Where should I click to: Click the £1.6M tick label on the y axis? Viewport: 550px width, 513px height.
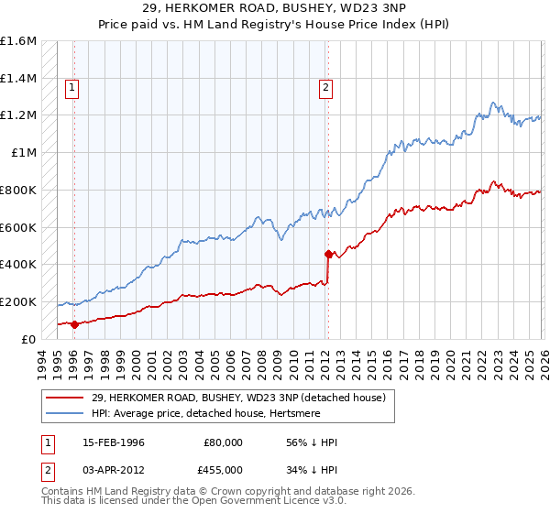tap(18, 41)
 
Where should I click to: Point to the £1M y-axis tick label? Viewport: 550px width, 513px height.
tap(23, 153)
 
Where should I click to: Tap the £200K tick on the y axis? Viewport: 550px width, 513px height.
tap(18, 301)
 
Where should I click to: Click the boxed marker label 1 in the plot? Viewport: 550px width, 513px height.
tap(71, 88)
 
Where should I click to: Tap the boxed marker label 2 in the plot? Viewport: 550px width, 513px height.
tap(325, 88)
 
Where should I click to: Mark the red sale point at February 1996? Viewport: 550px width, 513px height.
tap(74, 323)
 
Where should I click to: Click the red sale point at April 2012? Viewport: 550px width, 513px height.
tap(327, 254)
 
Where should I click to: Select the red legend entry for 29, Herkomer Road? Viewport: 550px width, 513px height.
tap(238, 398)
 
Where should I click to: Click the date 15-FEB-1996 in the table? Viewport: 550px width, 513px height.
tap(114, 442)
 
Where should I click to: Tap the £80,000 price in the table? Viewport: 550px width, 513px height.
tap(222, 442)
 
